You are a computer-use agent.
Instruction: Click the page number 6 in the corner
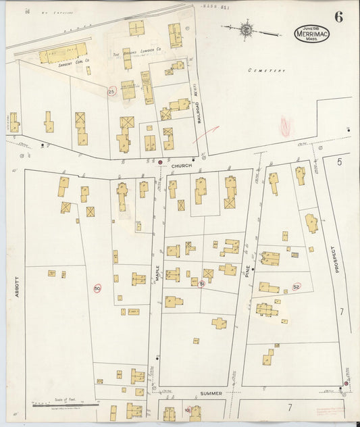click(338, 18)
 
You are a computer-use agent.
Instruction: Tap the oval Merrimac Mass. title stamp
click(311, 34)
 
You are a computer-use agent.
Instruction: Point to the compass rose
click(246, 30)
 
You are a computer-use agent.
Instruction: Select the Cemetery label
click(266, 70)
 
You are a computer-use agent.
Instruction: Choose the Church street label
click(181, 166)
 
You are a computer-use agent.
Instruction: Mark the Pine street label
click(248, 272)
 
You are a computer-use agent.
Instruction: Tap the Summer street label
click(211, 393)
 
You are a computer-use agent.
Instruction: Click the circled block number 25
click(111, 91)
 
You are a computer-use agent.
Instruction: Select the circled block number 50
click(97, 288)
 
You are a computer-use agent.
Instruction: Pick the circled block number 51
click(201, 284)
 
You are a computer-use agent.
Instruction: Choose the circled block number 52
click(296, 286)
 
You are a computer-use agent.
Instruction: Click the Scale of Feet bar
click(64, 404)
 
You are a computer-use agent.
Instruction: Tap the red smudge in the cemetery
click(285, 126)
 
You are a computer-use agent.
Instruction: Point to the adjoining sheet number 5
click(340, 162)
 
